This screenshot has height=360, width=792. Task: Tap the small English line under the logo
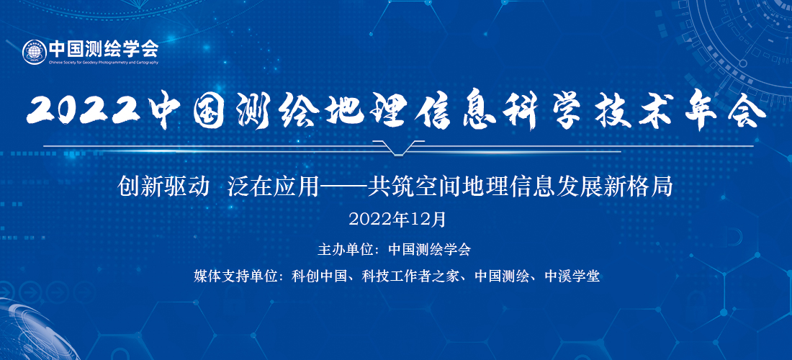[x=104, y=63]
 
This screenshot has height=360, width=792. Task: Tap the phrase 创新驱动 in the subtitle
[x=163, y=187]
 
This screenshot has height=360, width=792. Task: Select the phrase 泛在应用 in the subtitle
[x=274, y=187]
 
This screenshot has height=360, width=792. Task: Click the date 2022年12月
[x=397, y=219]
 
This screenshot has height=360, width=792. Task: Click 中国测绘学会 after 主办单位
[x=429, y=249]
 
